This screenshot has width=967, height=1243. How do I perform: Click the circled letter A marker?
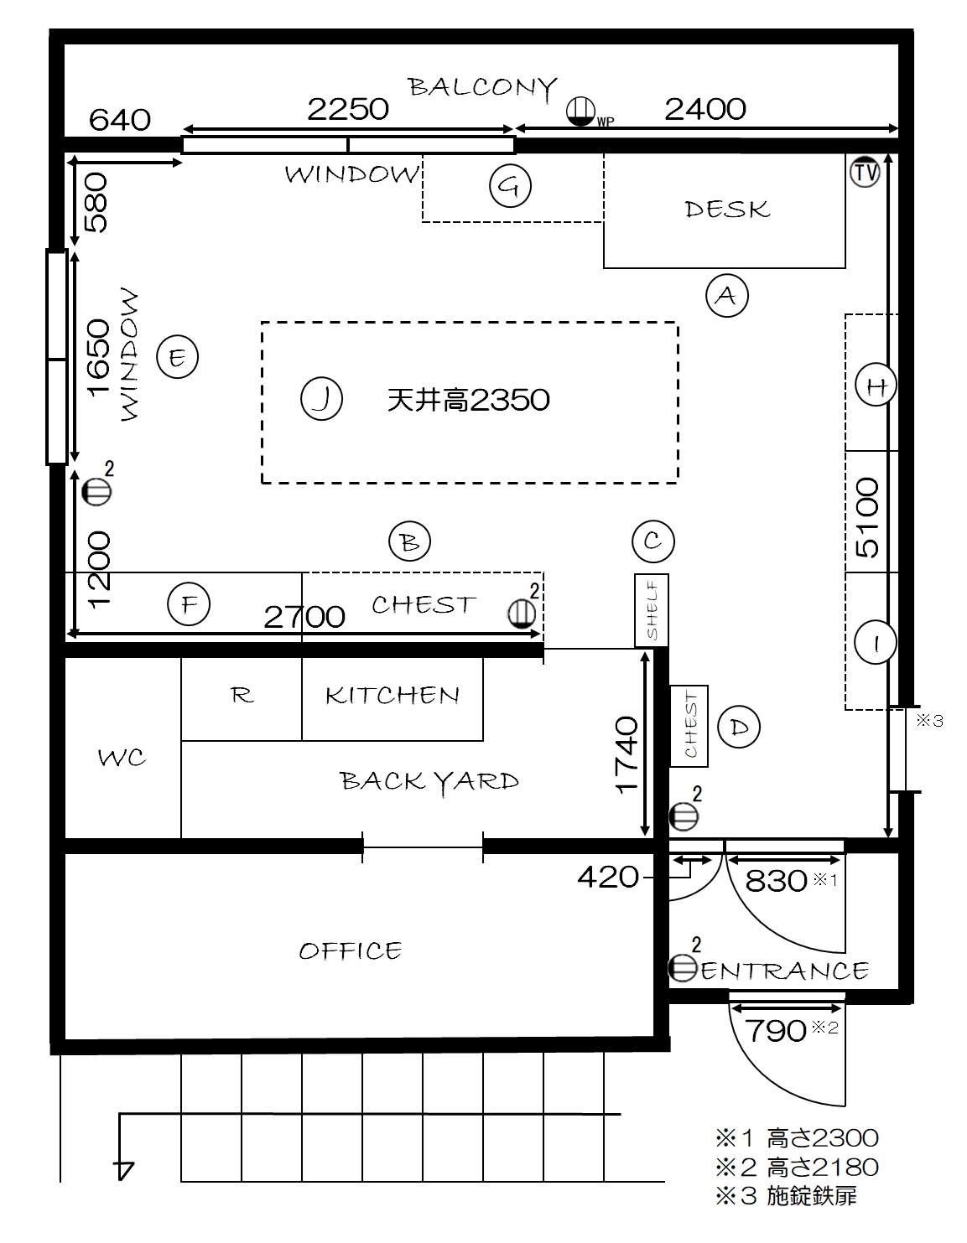tap(726, 296)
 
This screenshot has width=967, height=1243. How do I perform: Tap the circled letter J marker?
tap(321, 398)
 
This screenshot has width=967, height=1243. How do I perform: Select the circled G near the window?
tap(511, 185)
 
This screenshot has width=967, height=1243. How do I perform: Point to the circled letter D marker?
tap(739, 728)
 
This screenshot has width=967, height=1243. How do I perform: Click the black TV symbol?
tap(865, 172)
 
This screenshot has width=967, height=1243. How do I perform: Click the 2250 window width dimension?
tap(348, 109)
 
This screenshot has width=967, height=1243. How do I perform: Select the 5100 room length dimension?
tap(867, 518)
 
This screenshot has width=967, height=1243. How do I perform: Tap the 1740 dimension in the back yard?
tap(626, 754)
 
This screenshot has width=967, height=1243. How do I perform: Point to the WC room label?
tap(122, 758)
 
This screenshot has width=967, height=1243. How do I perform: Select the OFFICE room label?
tap(351, 950)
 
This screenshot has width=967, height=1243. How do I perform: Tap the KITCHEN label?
tap(393, 695)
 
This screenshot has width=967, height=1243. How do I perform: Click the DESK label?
tap(727, 210)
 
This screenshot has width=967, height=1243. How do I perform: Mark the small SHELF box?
tap(651, 610)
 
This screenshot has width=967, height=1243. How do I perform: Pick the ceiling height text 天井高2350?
tap(468, 399)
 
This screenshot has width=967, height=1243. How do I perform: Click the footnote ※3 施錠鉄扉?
tap(786, 1196)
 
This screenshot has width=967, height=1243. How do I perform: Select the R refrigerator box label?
tap(242, 695)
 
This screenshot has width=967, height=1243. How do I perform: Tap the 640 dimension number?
tap(120, 120)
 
